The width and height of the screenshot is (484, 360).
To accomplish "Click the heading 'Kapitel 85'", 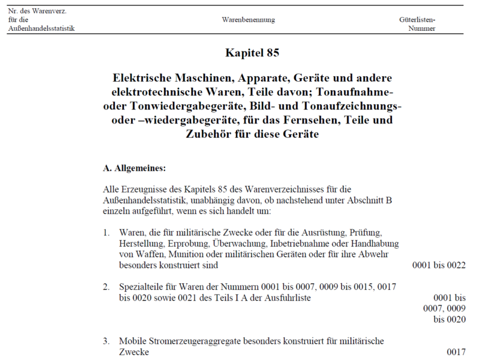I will click(252, 53).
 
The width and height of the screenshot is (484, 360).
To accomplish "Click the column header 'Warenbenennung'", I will click(248, 20).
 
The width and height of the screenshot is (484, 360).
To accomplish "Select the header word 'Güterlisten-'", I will click(417, 20).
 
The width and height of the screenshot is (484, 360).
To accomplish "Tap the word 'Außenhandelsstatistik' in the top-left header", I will click(42, 28).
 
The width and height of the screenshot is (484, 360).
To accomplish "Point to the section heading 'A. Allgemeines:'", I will click(134, 166).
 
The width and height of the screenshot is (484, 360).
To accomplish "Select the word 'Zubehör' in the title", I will click(212, 134).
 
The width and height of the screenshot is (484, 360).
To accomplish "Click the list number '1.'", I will click(106, 233).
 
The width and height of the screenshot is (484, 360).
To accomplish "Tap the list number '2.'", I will click(106, 287).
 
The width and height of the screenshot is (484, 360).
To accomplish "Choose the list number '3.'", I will click(106, 341).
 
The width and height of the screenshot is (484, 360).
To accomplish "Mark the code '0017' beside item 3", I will click(456, 352).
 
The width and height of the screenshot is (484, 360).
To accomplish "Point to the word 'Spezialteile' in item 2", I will click(139, 287).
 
